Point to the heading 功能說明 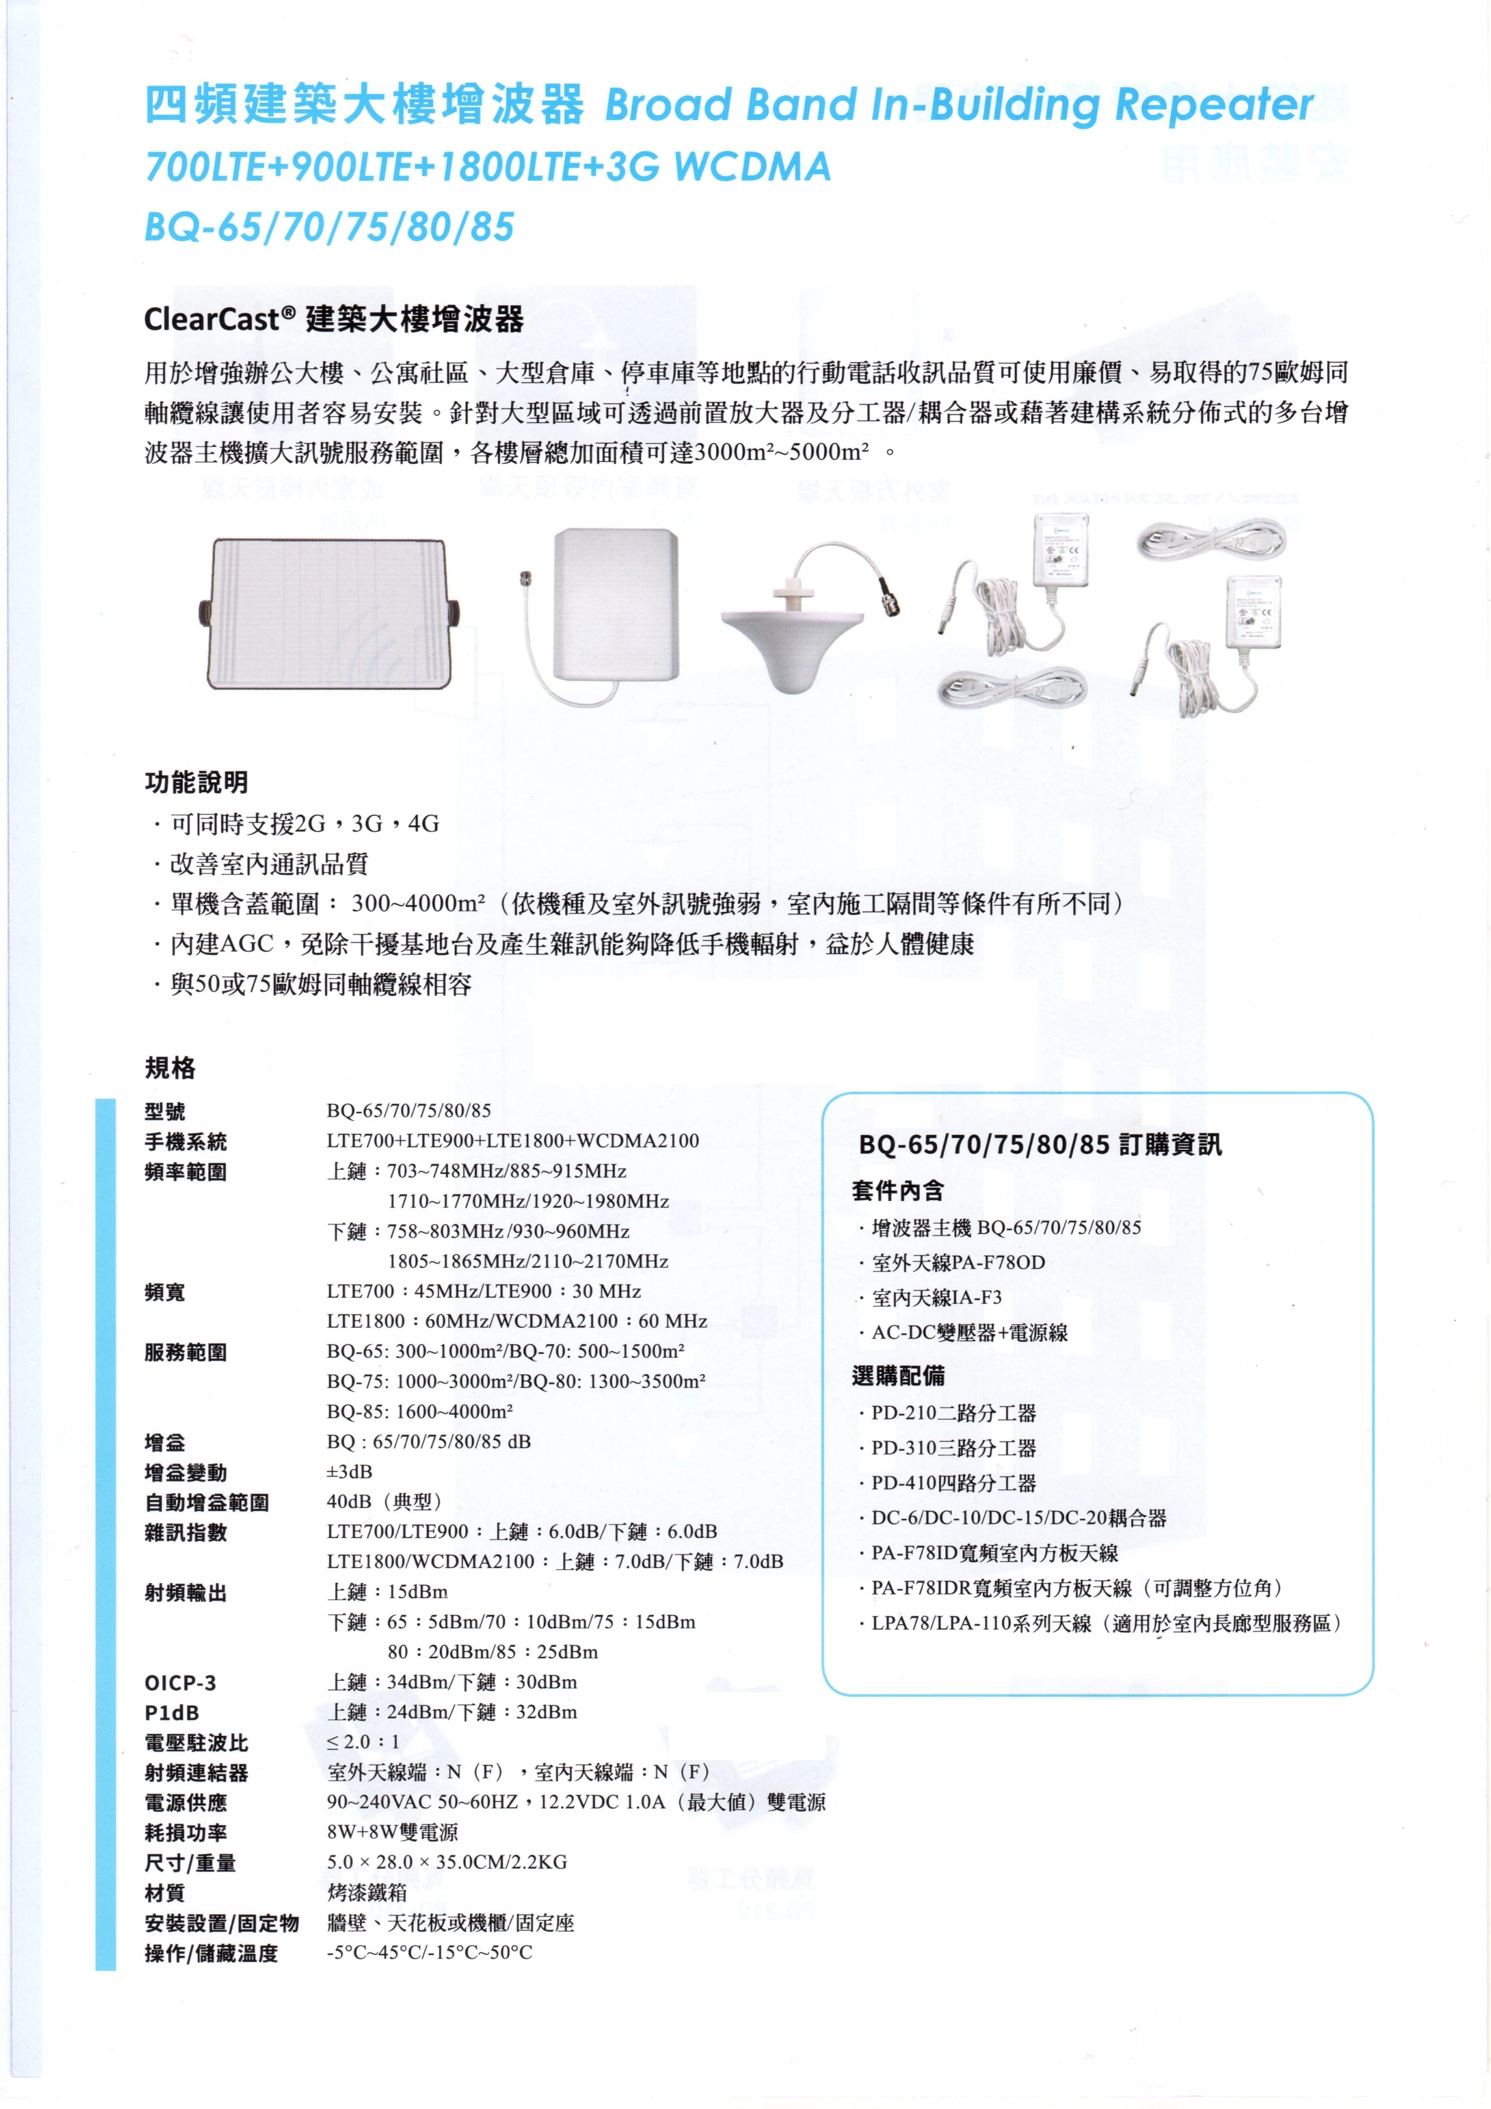tap(196, 783)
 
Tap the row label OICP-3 tap(180, 1683)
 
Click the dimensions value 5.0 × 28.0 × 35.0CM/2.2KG tap(446, 1863)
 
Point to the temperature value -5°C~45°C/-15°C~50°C tap(429, 1953)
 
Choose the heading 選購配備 tap(898, 1376)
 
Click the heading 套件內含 tap(898, 1191)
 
